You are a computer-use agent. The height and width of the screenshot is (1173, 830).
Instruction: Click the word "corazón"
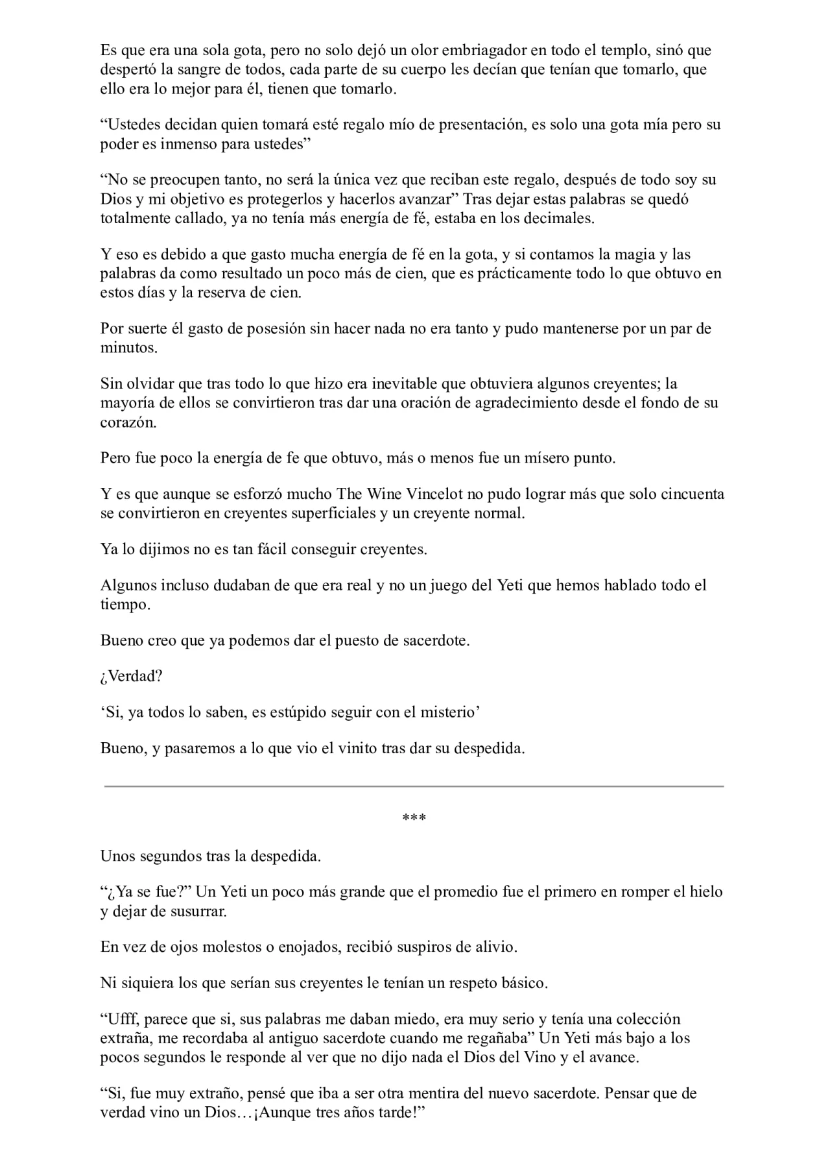click(x=128, y=422)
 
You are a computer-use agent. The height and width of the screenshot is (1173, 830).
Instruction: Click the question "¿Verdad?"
click(x=131, y=676)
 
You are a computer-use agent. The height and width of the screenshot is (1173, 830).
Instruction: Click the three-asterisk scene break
click(x=414, y=818)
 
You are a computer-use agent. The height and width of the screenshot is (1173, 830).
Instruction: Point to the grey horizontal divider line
click(x=414, y=786)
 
